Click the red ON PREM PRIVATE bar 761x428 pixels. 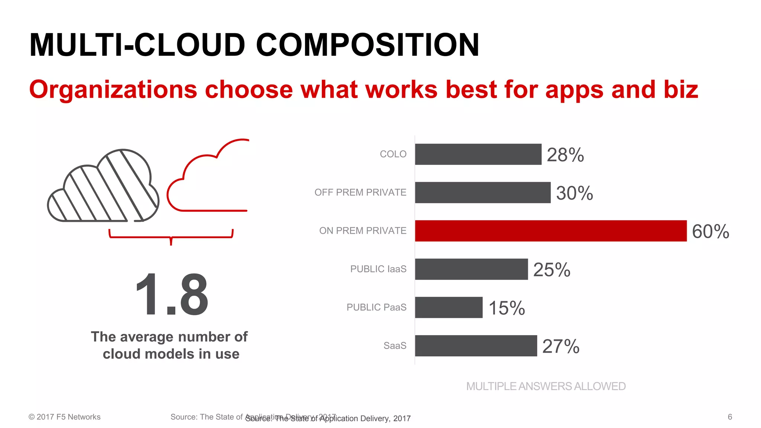pos(551,231)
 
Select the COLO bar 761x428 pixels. pos(478,154)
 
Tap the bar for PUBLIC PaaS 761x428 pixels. pos(449,307)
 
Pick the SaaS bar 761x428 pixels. pos(476,346)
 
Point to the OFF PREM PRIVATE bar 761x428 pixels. pos(483,192)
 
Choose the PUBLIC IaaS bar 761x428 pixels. pos(472,269)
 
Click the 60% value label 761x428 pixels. pos(710,231)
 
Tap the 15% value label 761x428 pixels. pos(506,308)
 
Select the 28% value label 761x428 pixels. pos(565,155)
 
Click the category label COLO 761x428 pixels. pos(393,154)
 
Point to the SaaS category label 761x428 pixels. pos(395,346)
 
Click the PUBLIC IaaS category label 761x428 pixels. pos(378,269)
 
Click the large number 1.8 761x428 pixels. pos(171,294)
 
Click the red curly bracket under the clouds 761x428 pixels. pos(171,237)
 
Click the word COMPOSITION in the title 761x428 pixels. pos(367,45)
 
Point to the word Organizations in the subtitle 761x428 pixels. pos(113,90)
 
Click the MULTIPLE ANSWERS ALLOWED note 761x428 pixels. pos(546,386)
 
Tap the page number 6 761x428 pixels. pos(730,417)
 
